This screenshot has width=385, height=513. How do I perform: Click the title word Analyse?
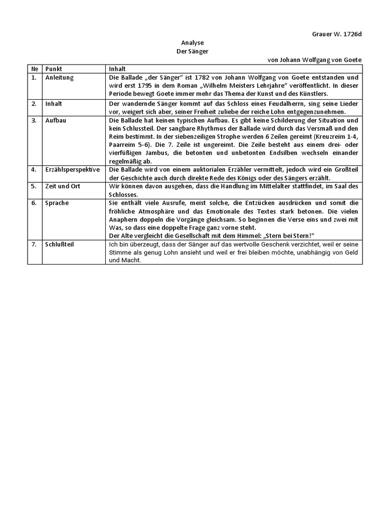pyautogui.click(x=192, y=43)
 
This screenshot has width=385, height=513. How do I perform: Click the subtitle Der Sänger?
pyautogui.click(x=192, y=51)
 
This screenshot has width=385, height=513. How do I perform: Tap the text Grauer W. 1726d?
pyautogui.click(x=336, y=34)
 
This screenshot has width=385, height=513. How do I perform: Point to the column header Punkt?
pyautogui.click(x=54, y=69)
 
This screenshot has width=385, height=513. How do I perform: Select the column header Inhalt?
pyautogui.click(x=117, y=69)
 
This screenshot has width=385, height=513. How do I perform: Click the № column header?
pyautogui.click(x=34, y=69)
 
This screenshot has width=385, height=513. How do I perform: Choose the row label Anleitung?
pyautogui.click(x=60, y=78)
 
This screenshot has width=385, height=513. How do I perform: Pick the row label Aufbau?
pyautogui.click(x=55, y=120)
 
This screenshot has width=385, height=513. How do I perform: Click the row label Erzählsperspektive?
pyautogui.click(x=72, y=169)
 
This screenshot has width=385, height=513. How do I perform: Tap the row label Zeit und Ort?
pyautogui.click(x=63, y=186)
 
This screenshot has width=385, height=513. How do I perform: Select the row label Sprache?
pyautogui.click(x=57, y=203)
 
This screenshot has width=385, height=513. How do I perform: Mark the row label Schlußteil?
pyautogui.click(x=61, y=244)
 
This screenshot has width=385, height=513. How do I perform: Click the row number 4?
pyautogui.click(x=34, y=169)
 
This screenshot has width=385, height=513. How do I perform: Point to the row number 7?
pyautogui.click(x=34, y=244)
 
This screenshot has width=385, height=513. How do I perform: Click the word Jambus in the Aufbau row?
pyautogui.click(x=155, y=153)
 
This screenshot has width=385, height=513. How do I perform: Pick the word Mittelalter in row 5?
pyautogui.click(x=263, y=186)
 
